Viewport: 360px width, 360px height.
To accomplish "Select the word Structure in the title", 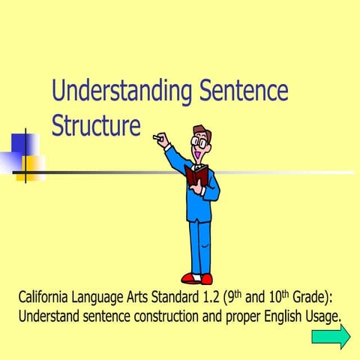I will click(x=96, y=124).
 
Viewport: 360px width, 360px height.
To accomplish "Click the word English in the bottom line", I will click(x=271, y=315).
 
